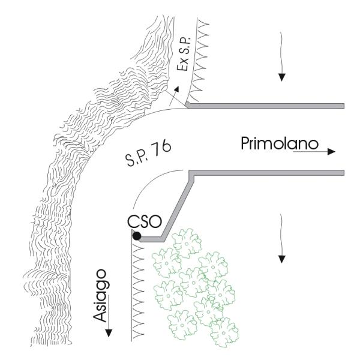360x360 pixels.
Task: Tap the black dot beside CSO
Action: pyautogui.click(x=137, y=236)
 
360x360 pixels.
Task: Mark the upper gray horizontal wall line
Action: pyautogui.click(x=270, y=106)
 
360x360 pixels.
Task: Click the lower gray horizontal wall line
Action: pyautogui.click(x=270, y=173)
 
